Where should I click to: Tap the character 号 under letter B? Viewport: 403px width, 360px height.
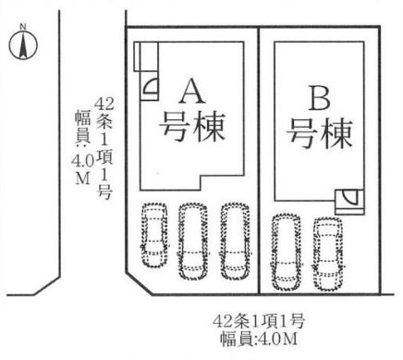303,134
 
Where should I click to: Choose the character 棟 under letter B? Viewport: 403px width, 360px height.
336,134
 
